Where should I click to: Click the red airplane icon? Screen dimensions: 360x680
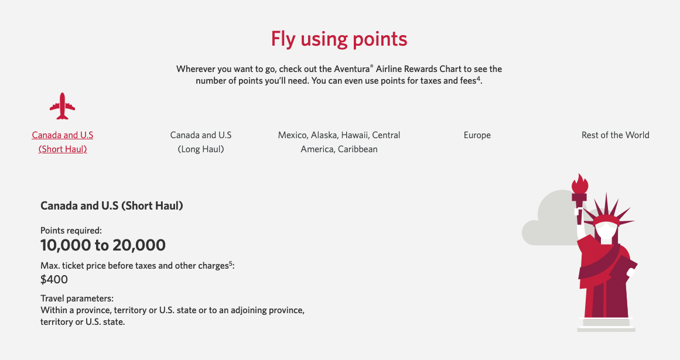pyautogui.click(x=63, y=106)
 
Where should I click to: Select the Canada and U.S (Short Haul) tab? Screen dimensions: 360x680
pyautogui.click(x=63, y=142)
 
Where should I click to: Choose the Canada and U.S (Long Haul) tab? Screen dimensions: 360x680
pyautogui.click(x=201, y=142)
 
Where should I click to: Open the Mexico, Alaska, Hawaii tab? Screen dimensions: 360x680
pyautogui.click(x=339, y=142)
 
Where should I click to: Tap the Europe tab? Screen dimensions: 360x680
pyautogui.click(x=477, y=135)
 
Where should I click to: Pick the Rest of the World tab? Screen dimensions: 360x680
pyautogui.click(x=615, y=135)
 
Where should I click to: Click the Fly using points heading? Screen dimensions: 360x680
pyautogui.click(x=339, y=39)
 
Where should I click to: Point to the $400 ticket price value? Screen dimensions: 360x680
pyautogui.click(x=54, y=279)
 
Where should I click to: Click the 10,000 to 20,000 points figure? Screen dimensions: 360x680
pyautogui.click(x=103, y=245)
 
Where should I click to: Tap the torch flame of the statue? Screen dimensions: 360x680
pyautogui.click(x=580, y=184)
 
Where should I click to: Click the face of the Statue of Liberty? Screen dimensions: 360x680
pyautogui.click(x=604, y=231)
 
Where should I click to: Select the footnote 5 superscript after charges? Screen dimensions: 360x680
pyautogui.click(x=231, y=263)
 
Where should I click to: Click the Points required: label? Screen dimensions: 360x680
pyautogui.click(x=71, y=231)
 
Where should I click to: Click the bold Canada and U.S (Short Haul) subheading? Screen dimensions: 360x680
pyautogui.click(x=112, y=206)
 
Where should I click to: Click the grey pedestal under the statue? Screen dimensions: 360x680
pyautogui.click(x=606, y=324)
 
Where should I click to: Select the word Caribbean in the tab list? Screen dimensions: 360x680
pyautogui.click(x=358, y=149)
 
